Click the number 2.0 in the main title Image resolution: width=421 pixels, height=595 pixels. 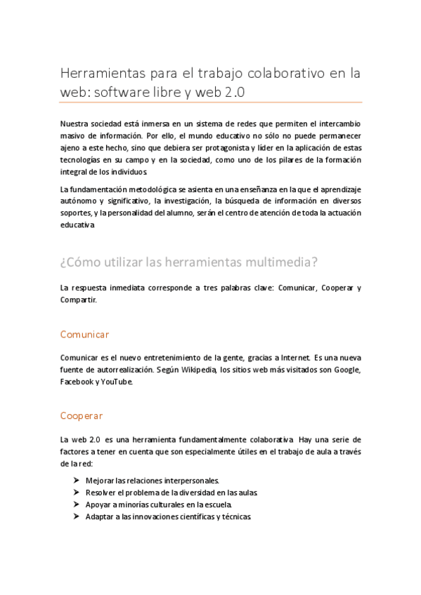(x=235, y=92)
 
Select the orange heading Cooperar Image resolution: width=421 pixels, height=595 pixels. (x=82, y=415)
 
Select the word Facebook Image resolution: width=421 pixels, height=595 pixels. (x=77, y=382)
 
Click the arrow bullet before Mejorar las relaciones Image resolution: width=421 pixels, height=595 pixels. (x=75, y=481)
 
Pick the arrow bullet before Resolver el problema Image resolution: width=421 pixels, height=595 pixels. (x=75, y=493)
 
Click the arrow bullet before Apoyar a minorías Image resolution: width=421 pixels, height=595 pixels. (x=75, y=504)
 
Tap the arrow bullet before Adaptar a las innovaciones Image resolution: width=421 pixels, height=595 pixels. (x=75, y=516)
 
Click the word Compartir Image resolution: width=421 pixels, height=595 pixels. (x=78, y=300)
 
